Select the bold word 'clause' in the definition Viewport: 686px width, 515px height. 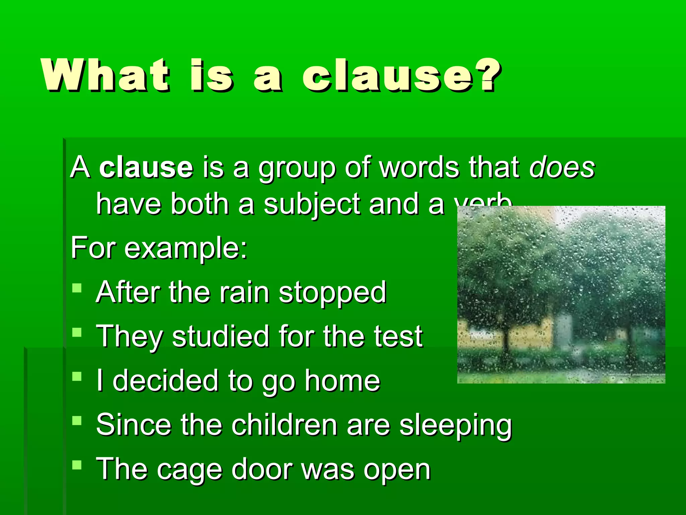146,167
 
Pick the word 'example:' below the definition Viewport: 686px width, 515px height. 186,248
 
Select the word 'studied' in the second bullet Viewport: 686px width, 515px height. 220,336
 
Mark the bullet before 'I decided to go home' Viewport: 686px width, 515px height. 77,376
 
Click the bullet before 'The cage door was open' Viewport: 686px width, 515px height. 77,465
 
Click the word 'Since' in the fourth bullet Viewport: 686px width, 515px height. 134,425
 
